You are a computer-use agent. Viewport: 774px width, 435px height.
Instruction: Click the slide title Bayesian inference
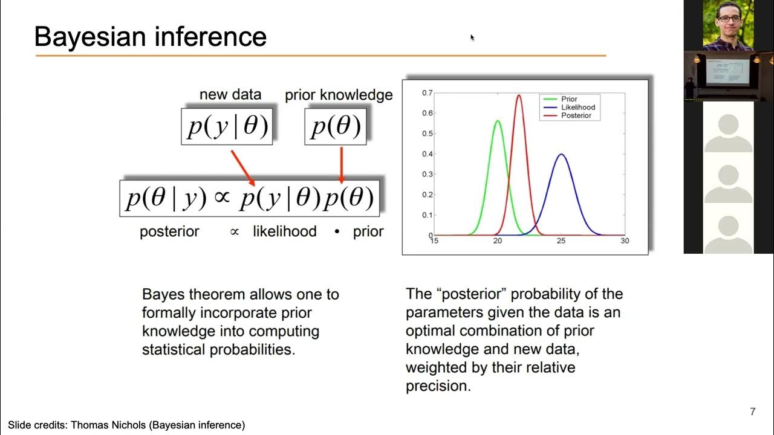coord(151,37)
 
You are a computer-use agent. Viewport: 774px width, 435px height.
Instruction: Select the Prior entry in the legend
coord(568,99)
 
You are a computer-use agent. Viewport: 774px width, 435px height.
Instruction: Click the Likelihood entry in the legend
coord(577,108)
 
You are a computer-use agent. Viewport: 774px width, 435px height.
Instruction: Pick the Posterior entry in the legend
coord(576,115)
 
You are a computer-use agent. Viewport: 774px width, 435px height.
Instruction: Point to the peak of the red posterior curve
coord(519,95)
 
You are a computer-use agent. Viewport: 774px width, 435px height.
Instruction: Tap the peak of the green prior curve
coord(498,121)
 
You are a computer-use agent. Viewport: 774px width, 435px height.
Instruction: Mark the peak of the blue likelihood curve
coord(561,155)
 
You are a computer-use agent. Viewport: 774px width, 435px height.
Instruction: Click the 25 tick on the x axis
coord(561,241)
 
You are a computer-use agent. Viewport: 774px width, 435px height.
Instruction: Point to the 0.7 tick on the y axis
coord(427,93)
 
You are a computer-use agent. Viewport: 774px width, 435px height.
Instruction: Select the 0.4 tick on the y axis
coord(427,154)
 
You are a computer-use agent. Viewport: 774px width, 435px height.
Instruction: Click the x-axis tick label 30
coord(625,241)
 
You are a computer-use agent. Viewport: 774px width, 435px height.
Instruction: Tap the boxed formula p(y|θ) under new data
coord(227,127)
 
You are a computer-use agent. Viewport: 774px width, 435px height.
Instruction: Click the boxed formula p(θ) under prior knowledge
coord(336,127)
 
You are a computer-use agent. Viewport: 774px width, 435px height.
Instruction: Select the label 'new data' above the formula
coord(230,95)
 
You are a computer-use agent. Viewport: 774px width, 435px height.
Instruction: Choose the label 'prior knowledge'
coord(339,95)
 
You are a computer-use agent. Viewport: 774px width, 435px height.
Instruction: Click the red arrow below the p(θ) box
coord(342,164)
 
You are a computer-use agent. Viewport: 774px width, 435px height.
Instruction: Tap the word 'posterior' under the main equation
coord(169,232)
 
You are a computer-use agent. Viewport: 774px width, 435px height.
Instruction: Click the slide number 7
coord(752,412)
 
